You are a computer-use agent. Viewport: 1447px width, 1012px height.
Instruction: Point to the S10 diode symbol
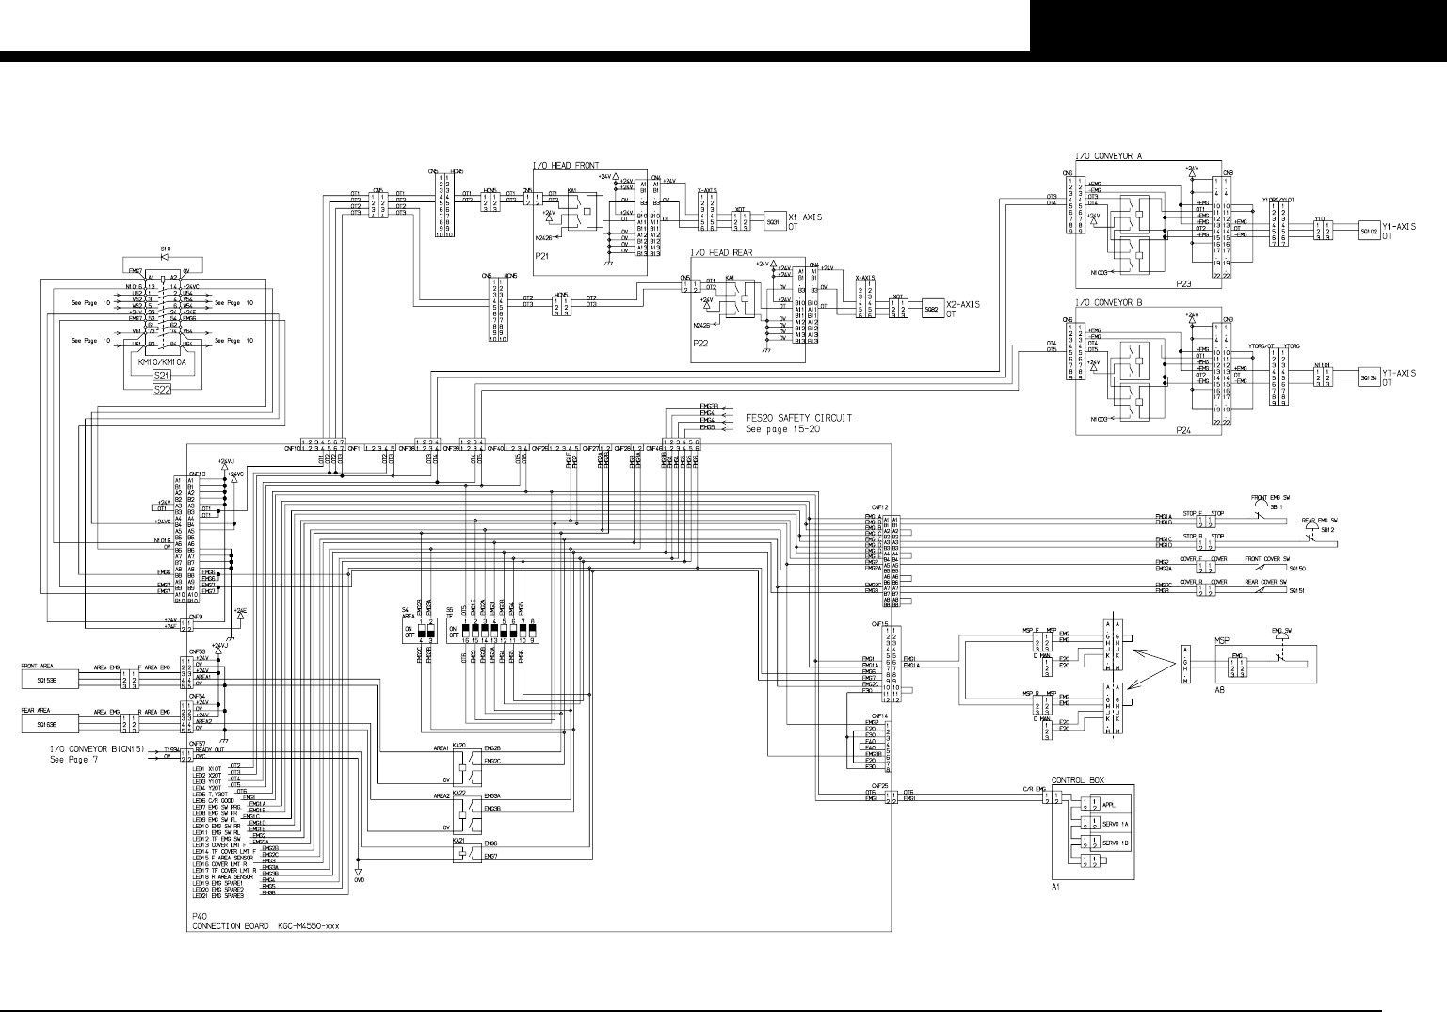coord(165,256)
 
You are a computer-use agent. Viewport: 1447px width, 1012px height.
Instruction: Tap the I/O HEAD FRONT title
coord(566,166)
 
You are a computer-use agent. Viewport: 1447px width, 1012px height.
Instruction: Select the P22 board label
coord(700,345)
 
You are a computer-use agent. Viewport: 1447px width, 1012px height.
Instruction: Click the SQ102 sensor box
coord(1369,230)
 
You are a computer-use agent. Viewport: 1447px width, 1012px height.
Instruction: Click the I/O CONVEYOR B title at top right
coord(1108,304)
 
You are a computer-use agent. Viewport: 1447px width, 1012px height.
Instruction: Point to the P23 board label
coord(1183,281)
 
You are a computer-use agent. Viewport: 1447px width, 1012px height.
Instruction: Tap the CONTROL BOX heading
coord(1077,780)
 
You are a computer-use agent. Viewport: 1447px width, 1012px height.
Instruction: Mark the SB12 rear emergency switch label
coord(1327,530)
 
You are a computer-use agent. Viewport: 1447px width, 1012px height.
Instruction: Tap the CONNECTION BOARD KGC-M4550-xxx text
coord(265,926)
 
